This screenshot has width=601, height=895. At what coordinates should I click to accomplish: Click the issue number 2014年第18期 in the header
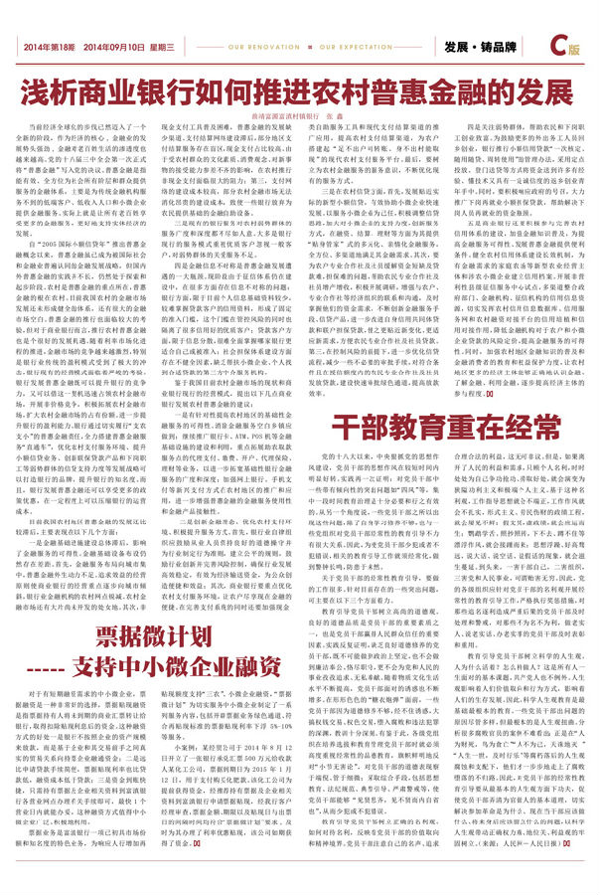pos(49,47)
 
